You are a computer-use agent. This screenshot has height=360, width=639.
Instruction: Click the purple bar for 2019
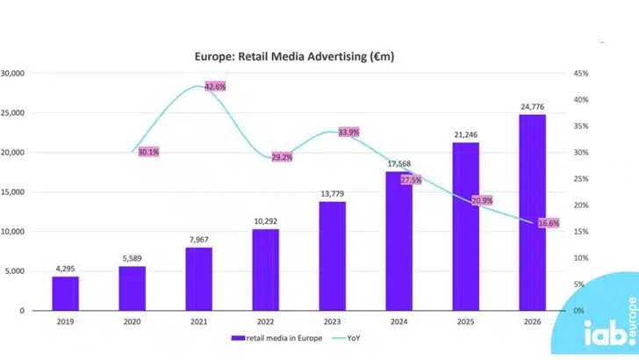point(65,293)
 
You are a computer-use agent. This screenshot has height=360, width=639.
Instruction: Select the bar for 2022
point(265,270)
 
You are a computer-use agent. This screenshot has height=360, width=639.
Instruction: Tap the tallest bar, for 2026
point(531,212)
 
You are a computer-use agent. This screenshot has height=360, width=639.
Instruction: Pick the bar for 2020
point(132,288)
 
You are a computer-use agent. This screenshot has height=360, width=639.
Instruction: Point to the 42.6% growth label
point(215,87)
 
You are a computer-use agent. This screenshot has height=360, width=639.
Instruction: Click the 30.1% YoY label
point(149,152)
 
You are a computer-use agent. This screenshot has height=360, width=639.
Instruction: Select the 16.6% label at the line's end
point(549,224)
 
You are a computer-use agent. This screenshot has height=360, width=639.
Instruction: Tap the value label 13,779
point(332,193)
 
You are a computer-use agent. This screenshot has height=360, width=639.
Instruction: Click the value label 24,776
point(532,106)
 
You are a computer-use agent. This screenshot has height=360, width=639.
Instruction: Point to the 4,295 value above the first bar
point(66,269)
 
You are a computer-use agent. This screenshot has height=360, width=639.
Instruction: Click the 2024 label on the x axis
point(398,321)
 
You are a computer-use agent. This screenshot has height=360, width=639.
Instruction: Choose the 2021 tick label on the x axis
point(198,321)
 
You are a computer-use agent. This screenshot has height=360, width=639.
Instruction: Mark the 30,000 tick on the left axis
point(16,73)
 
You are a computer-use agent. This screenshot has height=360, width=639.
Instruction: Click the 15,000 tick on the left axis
point(16,192)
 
